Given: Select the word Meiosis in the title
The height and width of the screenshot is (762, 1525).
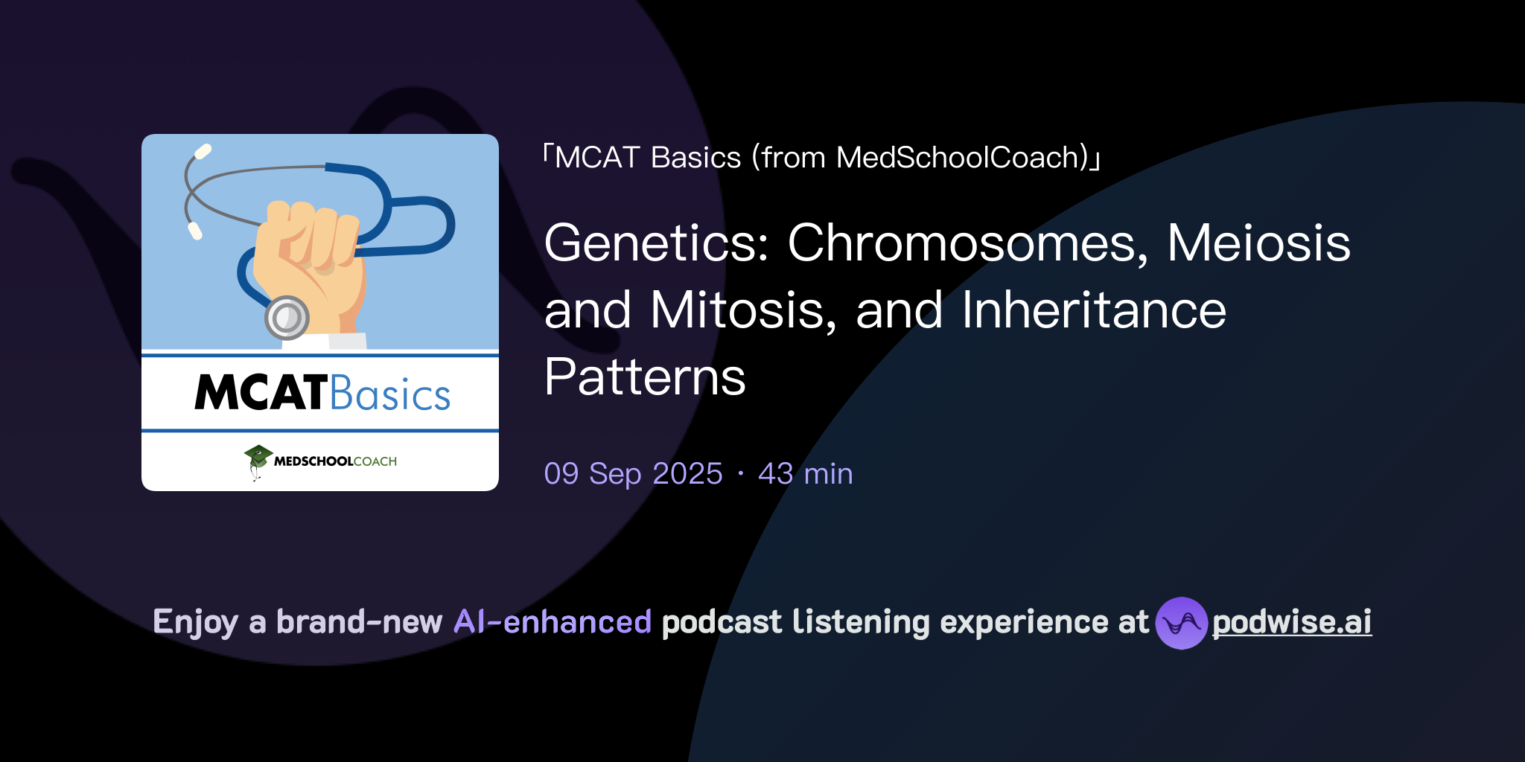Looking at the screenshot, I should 1258,244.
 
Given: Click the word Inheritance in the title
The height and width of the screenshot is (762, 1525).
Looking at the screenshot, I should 1093,310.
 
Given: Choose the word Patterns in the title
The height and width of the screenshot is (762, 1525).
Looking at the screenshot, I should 645,377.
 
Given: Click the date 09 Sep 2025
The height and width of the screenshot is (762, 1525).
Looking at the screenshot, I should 633,474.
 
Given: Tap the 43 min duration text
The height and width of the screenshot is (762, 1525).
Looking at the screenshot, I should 805,474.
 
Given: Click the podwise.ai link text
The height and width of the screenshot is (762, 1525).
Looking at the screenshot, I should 1292,623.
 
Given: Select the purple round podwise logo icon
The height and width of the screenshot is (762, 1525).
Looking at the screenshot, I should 1181,623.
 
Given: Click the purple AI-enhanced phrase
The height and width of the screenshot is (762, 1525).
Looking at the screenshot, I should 553,622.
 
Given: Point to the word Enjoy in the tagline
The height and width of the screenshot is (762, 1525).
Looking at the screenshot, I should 195,623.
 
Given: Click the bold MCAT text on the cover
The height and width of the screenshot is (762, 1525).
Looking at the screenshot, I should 261,393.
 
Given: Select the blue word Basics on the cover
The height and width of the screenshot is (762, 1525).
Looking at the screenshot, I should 390,394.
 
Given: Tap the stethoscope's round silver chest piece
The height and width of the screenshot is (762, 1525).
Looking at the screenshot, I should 287,318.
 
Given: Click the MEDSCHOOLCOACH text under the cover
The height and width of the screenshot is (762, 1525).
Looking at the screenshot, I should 335,461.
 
